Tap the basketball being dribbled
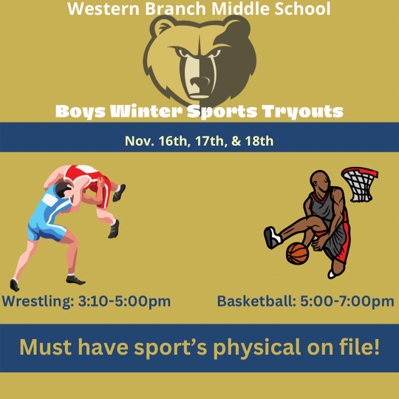point(297,253)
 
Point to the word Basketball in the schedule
point(255,301)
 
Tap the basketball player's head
point(320,180)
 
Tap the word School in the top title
point(302,10)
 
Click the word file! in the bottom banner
point(356,346)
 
